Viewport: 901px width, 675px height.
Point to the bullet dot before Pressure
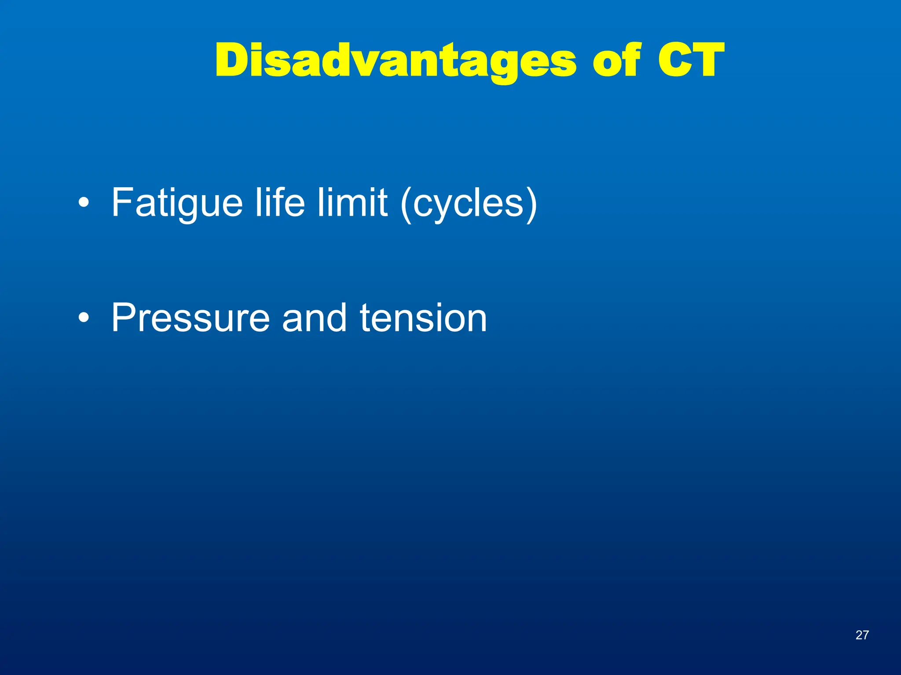(84, 318)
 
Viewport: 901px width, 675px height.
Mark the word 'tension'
(423, 318)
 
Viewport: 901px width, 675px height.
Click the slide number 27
(862, 635)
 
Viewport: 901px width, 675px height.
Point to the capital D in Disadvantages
(233, 60)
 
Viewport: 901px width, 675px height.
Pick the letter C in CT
(675, 60)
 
